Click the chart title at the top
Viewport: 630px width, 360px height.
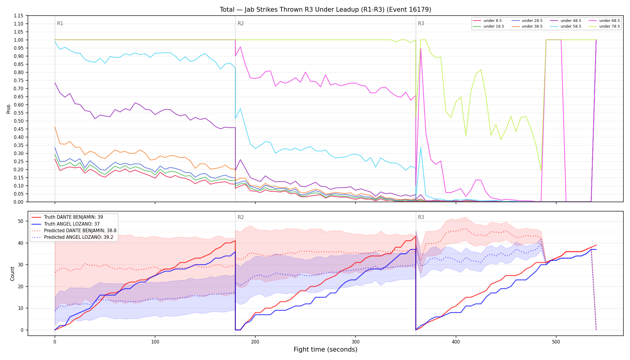tap(325, 10)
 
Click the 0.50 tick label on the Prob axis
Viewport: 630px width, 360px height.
tap(19, 121)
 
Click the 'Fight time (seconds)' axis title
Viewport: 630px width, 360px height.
tap(325, 349)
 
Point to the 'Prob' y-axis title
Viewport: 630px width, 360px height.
tap(9, 109)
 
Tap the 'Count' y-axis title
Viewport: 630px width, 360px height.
tap(12, 274)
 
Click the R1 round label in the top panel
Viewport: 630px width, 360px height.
tap(60, 23)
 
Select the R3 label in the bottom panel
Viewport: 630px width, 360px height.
tap(421, 217)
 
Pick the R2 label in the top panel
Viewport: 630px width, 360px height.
tap(241, 23)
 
